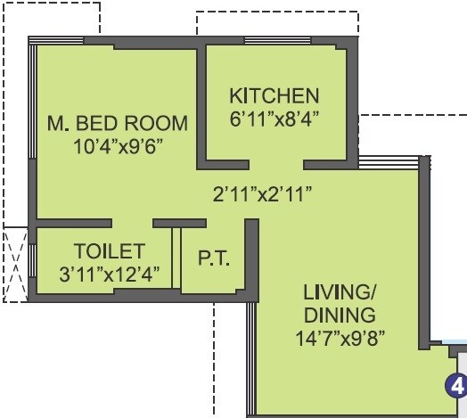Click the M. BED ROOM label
point(117,122)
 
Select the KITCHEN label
point(274,95)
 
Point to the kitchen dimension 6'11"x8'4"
point(274,117)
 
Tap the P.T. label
point(213,259)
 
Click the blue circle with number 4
point(456,386)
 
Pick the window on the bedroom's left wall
point(32,134)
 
